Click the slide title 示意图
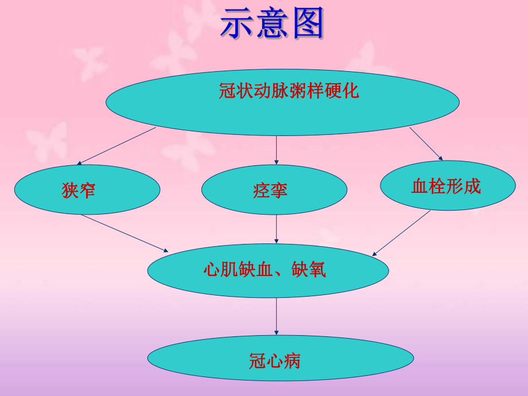(272, 24)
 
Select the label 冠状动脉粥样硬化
(289, 91)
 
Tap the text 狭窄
(79, 191)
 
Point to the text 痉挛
(270, 191)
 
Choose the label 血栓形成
(446, 186)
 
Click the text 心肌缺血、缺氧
(265, 269)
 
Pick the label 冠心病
(275, 361)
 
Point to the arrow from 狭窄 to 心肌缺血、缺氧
(125, 233)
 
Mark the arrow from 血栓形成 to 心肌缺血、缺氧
(402, 232)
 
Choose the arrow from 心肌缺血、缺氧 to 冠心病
(277, 316)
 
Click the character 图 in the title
(306, 24)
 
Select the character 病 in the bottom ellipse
(292, 361)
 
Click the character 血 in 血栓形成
(420, 186)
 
